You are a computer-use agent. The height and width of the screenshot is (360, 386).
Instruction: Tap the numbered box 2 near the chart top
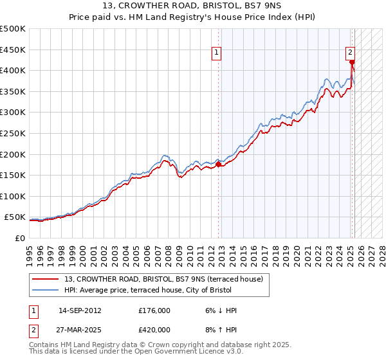click(x=350, y=54)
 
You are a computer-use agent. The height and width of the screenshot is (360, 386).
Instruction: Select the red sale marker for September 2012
click(x=218, y=164)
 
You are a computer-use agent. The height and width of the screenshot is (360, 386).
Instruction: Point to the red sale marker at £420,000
click(x=352, y=62)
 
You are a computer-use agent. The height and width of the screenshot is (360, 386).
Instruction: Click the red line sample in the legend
click(x=45, y=280)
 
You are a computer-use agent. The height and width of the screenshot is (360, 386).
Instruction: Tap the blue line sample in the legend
click(x=45, y=291)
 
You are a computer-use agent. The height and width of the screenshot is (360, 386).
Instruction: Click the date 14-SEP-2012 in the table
click(x=80, y=310)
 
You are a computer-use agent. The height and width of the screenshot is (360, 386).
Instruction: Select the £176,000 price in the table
click(x=154, y=310)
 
